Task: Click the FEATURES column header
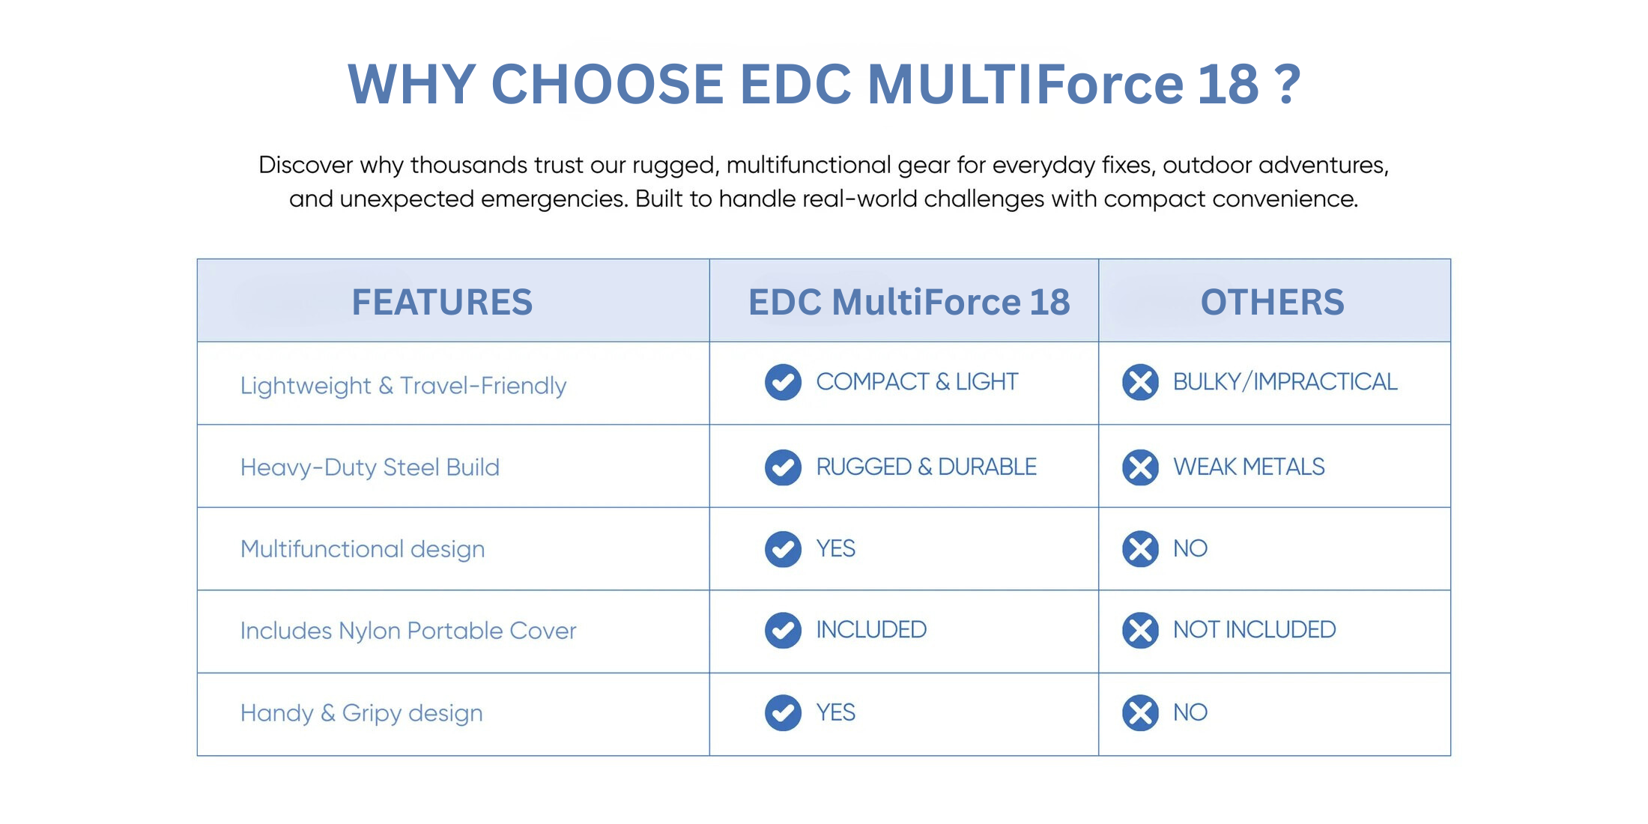click(442, 302)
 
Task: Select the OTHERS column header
click(1272, 302)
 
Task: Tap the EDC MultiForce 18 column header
click(909, 302)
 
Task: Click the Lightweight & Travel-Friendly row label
click(403, 386)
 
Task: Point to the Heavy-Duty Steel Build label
click(369, 467)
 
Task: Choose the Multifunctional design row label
click(363, 549)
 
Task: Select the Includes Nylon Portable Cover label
click(408, 631)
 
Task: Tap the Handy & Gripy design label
click(361, 713)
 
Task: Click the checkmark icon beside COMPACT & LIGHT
click(783, 382)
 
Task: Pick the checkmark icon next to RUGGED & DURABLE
click(783, 467)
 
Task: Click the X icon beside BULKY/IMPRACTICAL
click(1140, 382)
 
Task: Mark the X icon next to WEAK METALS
click(1140, 467)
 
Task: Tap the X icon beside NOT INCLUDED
click(1140, 630)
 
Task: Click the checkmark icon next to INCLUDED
click(783, 630)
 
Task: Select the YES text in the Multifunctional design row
click(835, 548)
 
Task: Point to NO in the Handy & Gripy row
click(1190, 712)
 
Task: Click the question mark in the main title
click(1287, 83)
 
